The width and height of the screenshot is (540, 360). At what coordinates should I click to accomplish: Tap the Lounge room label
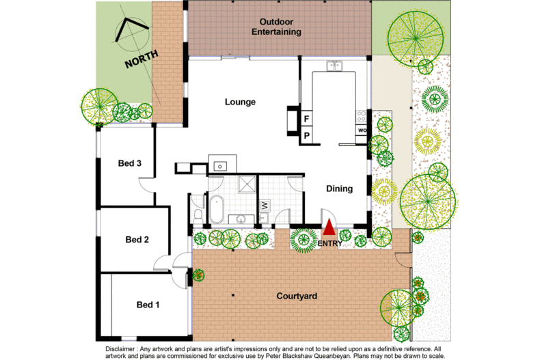point(240,102)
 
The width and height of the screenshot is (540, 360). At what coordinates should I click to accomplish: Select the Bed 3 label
point(130,163)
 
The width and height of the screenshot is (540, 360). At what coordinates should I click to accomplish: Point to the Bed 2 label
point(137,239)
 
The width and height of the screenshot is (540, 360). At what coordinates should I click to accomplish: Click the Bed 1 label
point(148,305)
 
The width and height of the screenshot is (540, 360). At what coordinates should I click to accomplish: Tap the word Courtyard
point(299,296)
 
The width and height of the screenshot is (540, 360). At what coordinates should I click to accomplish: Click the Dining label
point(339,189)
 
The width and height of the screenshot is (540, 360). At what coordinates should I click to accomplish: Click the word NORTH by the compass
point(141,59)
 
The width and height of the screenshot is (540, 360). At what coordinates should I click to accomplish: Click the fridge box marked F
point(307,120)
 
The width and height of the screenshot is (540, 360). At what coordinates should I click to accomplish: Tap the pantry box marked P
point(307,135)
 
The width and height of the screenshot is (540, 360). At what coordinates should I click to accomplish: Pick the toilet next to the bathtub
point(198,214)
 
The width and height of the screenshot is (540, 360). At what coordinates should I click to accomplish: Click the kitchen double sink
point(335,66)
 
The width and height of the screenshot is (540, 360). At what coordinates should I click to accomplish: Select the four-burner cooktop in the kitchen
point(361,117)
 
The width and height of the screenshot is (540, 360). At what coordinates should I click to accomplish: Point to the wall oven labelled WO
point(362,130)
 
